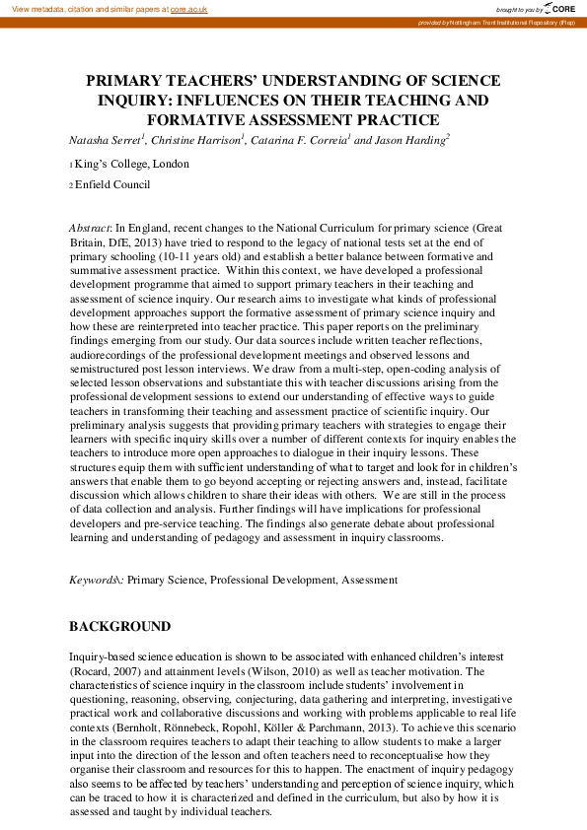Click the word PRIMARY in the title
click(x=127, y=81)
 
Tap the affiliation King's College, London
click(x=131, y=164)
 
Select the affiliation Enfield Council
click(x=112, y=184)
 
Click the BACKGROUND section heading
click(x=119, y=626)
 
